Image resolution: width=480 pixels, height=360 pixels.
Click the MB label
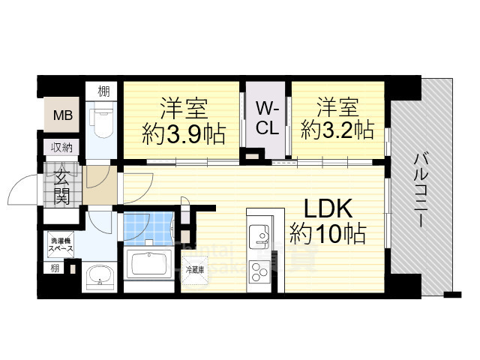coord(58,115)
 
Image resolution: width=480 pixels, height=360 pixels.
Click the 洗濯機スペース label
coord(61,243)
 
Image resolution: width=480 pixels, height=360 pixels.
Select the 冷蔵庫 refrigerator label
coord(193,268)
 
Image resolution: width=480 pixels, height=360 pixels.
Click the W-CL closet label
coord(268,117)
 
